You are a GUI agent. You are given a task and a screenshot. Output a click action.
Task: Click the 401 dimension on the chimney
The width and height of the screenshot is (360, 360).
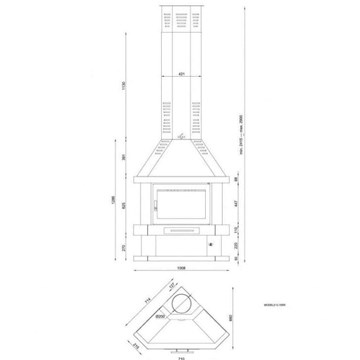pyautogui.click(x=180, y=73)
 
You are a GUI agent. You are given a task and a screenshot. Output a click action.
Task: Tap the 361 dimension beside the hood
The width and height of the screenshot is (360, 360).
pyautogui.click(x=122, y=156)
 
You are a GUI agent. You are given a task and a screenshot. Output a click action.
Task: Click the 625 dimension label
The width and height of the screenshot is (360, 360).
pyautogui.click(x=122, y=207)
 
